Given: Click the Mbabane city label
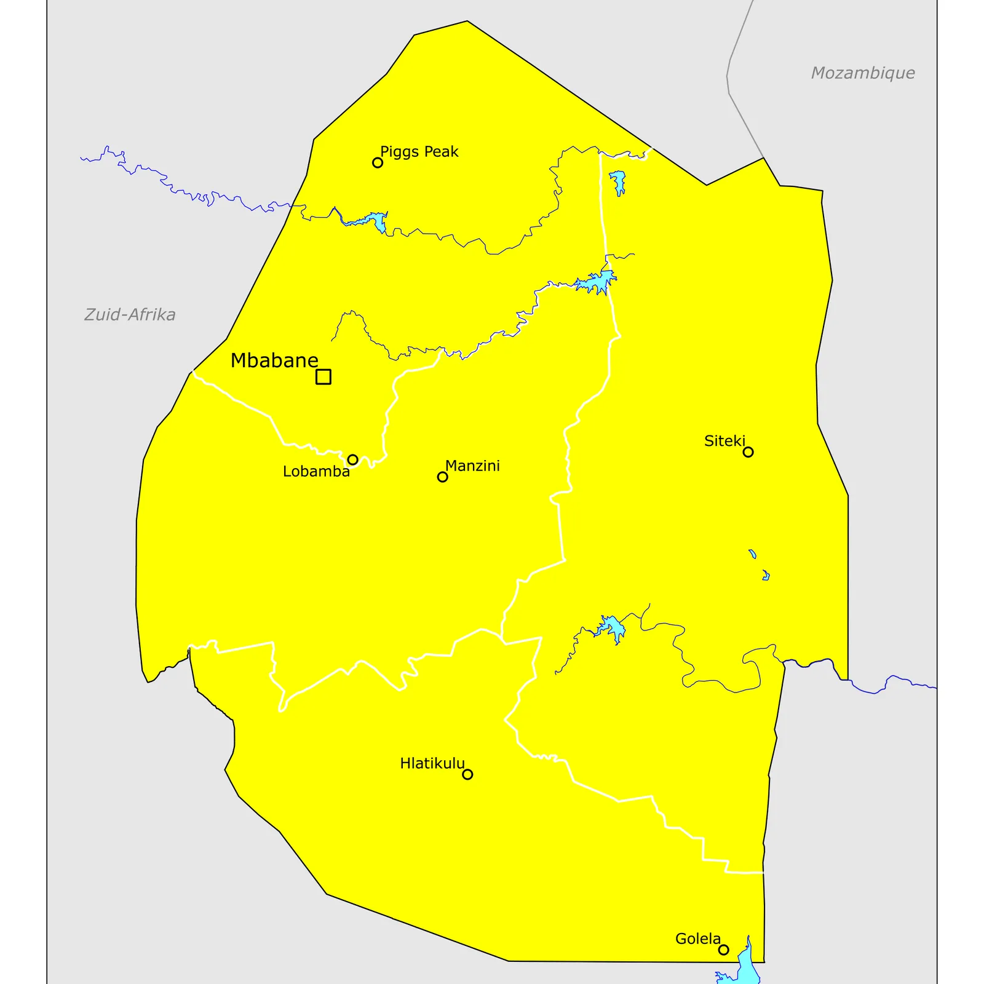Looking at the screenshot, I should [274, 360].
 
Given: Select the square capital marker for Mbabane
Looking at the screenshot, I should [323, 376].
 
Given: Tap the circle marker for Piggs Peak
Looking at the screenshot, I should [378, 162].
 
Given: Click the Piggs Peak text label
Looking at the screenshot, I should [419, 151].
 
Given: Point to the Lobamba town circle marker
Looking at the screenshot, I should [352, 459].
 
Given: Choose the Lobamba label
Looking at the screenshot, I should [316, 472].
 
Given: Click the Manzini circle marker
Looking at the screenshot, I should [442, 477].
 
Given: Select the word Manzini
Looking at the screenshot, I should [472, 466].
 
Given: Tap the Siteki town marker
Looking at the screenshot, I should [748, 452].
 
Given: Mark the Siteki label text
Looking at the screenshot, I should [724, 441].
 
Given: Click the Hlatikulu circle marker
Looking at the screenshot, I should [467, 774].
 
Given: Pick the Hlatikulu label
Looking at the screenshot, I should [432, 763].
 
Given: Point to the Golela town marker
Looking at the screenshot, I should [724, 950].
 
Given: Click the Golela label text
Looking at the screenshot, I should [697, 939].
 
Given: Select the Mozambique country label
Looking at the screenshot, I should [862, 73].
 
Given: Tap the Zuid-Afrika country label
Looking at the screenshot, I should [130, 314].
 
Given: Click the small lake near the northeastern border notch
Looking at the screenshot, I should [617, 181].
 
